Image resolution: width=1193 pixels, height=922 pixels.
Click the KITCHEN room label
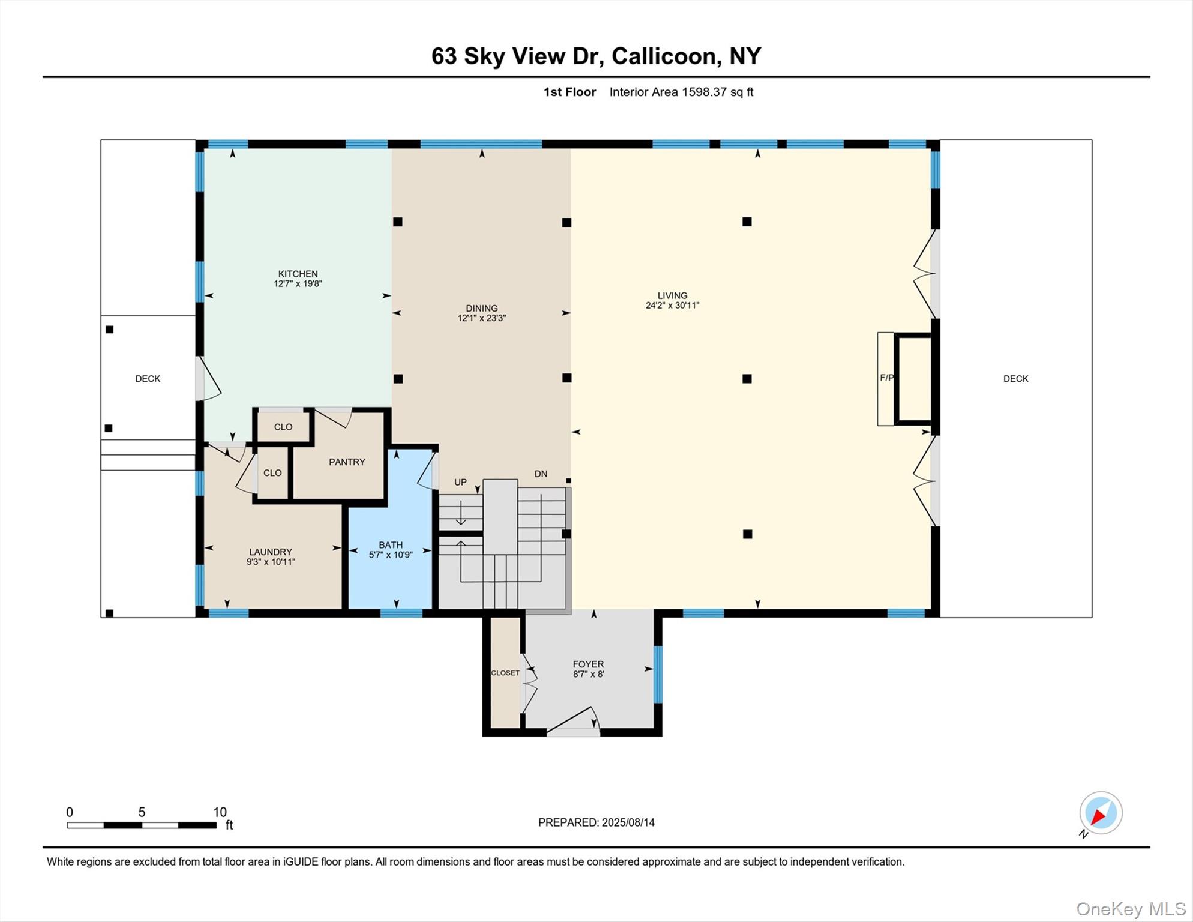(298, 274)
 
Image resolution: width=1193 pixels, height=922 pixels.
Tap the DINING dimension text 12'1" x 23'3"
(481, 318)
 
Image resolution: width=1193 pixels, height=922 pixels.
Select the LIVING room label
(672, 295)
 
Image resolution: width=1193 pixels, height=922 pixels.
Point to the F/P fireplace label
(886, 378)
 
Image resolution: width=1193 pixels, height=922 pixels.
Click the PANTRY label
(347, 462)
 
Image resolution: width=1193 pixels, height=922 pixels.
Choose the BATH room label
(390, 545)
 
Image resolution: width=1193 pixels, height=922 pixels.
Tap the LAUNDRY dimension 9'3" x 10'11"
(271, 562)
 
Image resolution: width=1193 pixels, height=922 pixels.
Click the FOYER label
(587, 664)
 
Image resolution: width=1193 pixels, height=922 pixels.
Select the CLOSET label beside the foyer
(505, 673)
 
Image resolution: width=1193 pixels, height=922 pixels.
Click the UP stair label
(460, 482)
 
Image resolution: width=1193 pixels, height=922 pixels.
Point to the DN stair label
(541, 474)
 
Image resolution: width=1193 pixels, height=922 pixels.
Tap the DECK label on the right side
(1015, 378)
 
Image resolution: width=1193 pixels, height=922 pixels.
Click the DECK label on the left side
(148, 378)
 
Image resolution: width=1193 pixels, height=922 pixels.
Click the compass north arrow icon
(1101, 813)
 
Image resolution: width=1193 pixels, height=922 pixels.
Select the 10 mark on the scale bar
(220, 812)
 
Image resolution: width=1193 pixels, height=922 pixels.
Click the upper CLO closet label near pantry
(283, 427)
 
